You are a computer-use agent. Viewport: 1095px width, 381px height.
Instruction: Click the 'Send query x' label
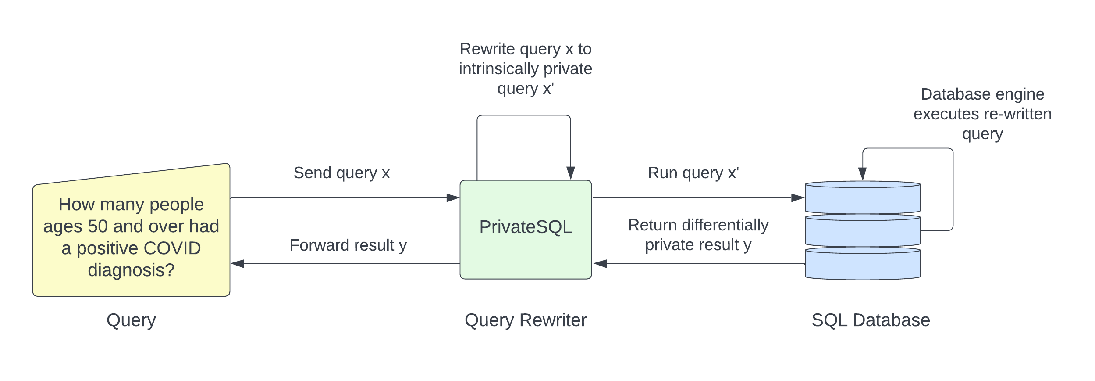click(341, 173)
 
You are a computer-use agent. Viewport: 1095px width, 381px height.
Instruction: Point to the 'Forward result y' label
click(348, 245)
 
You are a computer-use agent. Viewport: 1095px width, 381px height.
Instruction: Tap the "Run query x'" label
click(693, 173)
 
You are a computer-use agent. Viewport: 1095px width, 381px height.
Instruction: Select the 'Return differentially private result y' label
click(698, 235)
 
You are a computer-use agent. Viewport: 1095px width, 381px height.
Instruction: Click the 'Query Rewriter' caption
click(525, 320)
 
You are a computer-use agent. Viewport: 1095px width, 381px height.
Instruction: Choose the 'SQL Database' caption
click(871, 320)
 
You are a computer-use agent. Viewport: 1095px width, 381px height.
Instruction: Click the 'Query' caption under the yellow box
click(131, 320)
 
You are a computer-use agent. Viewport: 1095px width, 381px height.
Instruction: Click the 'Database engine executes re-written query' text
click(982, 114)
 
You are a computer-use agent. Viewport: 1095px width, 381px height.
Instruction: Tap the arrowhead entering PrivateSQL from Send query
click(453, 198)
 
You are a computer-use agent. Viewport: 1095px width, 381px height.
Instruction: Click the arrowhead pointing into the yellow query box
click(237, 264)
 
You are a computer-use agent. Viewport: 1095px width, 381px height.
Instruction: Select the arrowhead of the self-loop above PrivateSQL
click(570, 173)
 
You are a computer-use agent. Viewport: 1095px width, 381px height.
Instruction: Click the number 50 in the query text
click(98, 226)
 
